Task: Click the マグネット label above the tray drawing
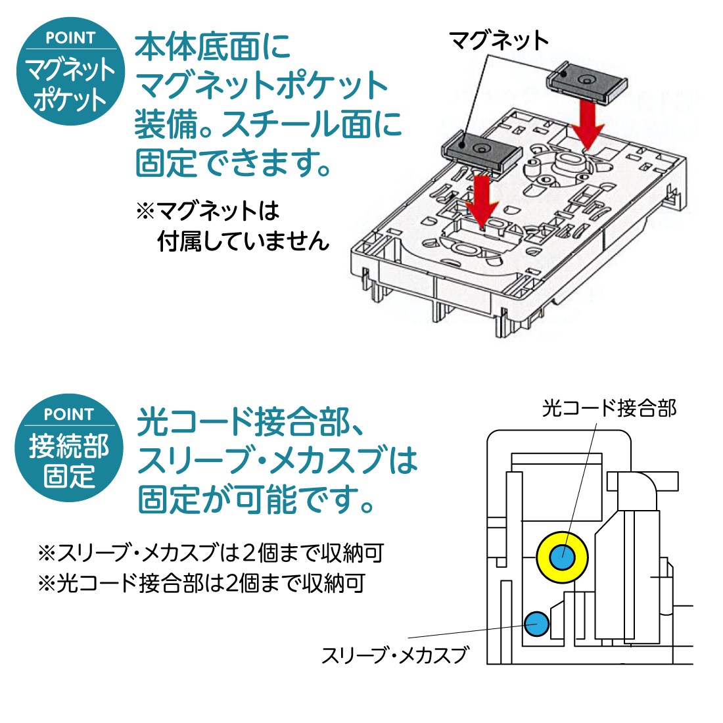tap(499, 41)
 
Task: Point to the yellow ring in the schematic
tap(563, 557)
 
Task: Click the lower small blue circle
tap(536, 622)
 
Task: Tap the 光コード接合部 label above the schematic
tap(609, 409)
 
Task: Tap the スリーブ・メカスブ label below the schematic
tap(396, 655)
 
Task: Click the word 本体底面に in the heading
tap(213, 47)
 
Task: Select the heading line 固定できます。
tap(234, 162)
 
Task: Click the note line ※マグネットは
tap(208, 211)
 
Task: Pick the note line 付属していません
tap(243, 241)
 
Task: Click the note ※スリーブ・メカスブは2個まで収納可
tap(210, 553)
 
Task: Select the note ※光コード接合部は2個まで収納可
tap(201, 583)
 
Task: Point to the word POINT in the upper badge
tap(70, 38)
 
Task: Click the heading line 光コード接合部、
tap(250, 423)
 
